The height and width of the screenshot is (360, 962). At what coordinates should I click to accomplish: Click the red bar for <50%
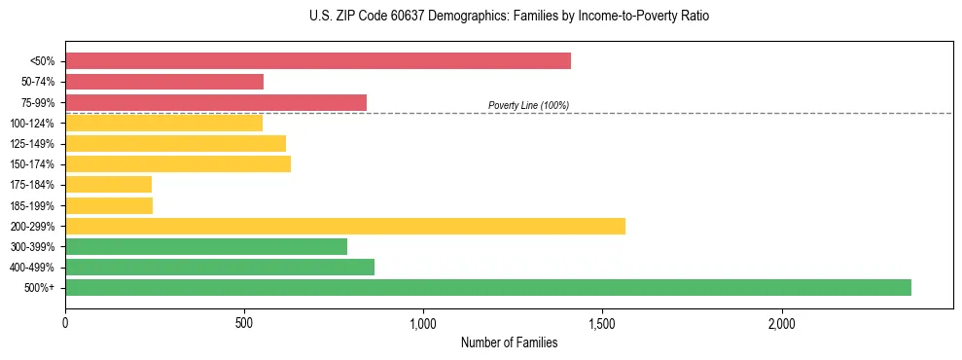point(318,61)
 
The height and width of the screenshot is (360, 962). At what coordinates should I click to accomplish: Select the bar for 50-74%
point(164,82)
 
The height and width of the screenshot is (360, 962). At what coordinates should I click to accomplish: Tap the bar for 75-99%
point(216,102)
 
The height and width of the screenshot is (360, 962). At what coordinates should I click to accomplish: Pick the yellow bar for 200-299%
point(345,226)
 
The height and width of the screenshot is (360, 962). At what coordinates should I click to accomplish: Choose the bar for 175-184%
point(109,184)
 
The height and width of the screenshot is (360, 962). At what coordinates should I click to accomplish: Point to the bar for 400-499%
point(220,267)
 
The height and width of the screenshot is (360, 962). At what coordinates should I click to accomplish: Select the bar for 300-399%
point(206,246)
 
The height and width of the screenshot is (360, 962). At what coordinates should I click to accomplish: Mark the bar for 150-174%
point(178,163)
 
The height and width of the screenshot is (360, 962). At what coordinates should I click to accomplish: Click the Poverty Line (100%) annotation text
point(528,105)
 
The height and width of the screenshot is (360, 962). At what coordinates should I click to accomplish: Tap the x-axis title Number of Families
point(509,342)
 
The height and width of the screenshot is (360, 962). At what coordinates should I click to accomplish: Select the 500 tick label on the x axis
point(244,323)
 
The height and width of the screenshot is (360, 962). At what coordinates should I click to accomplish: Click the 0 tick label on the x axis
point(65,323)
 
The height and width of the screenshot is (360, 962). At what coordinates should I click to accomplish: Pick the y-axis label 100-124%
point(32,124)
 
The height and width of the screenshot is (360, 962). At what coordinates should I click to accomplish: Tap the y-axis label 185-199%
point(32,205)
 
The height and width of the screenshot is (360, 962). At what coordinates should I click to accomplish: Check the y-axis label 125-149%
point(32,144)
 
